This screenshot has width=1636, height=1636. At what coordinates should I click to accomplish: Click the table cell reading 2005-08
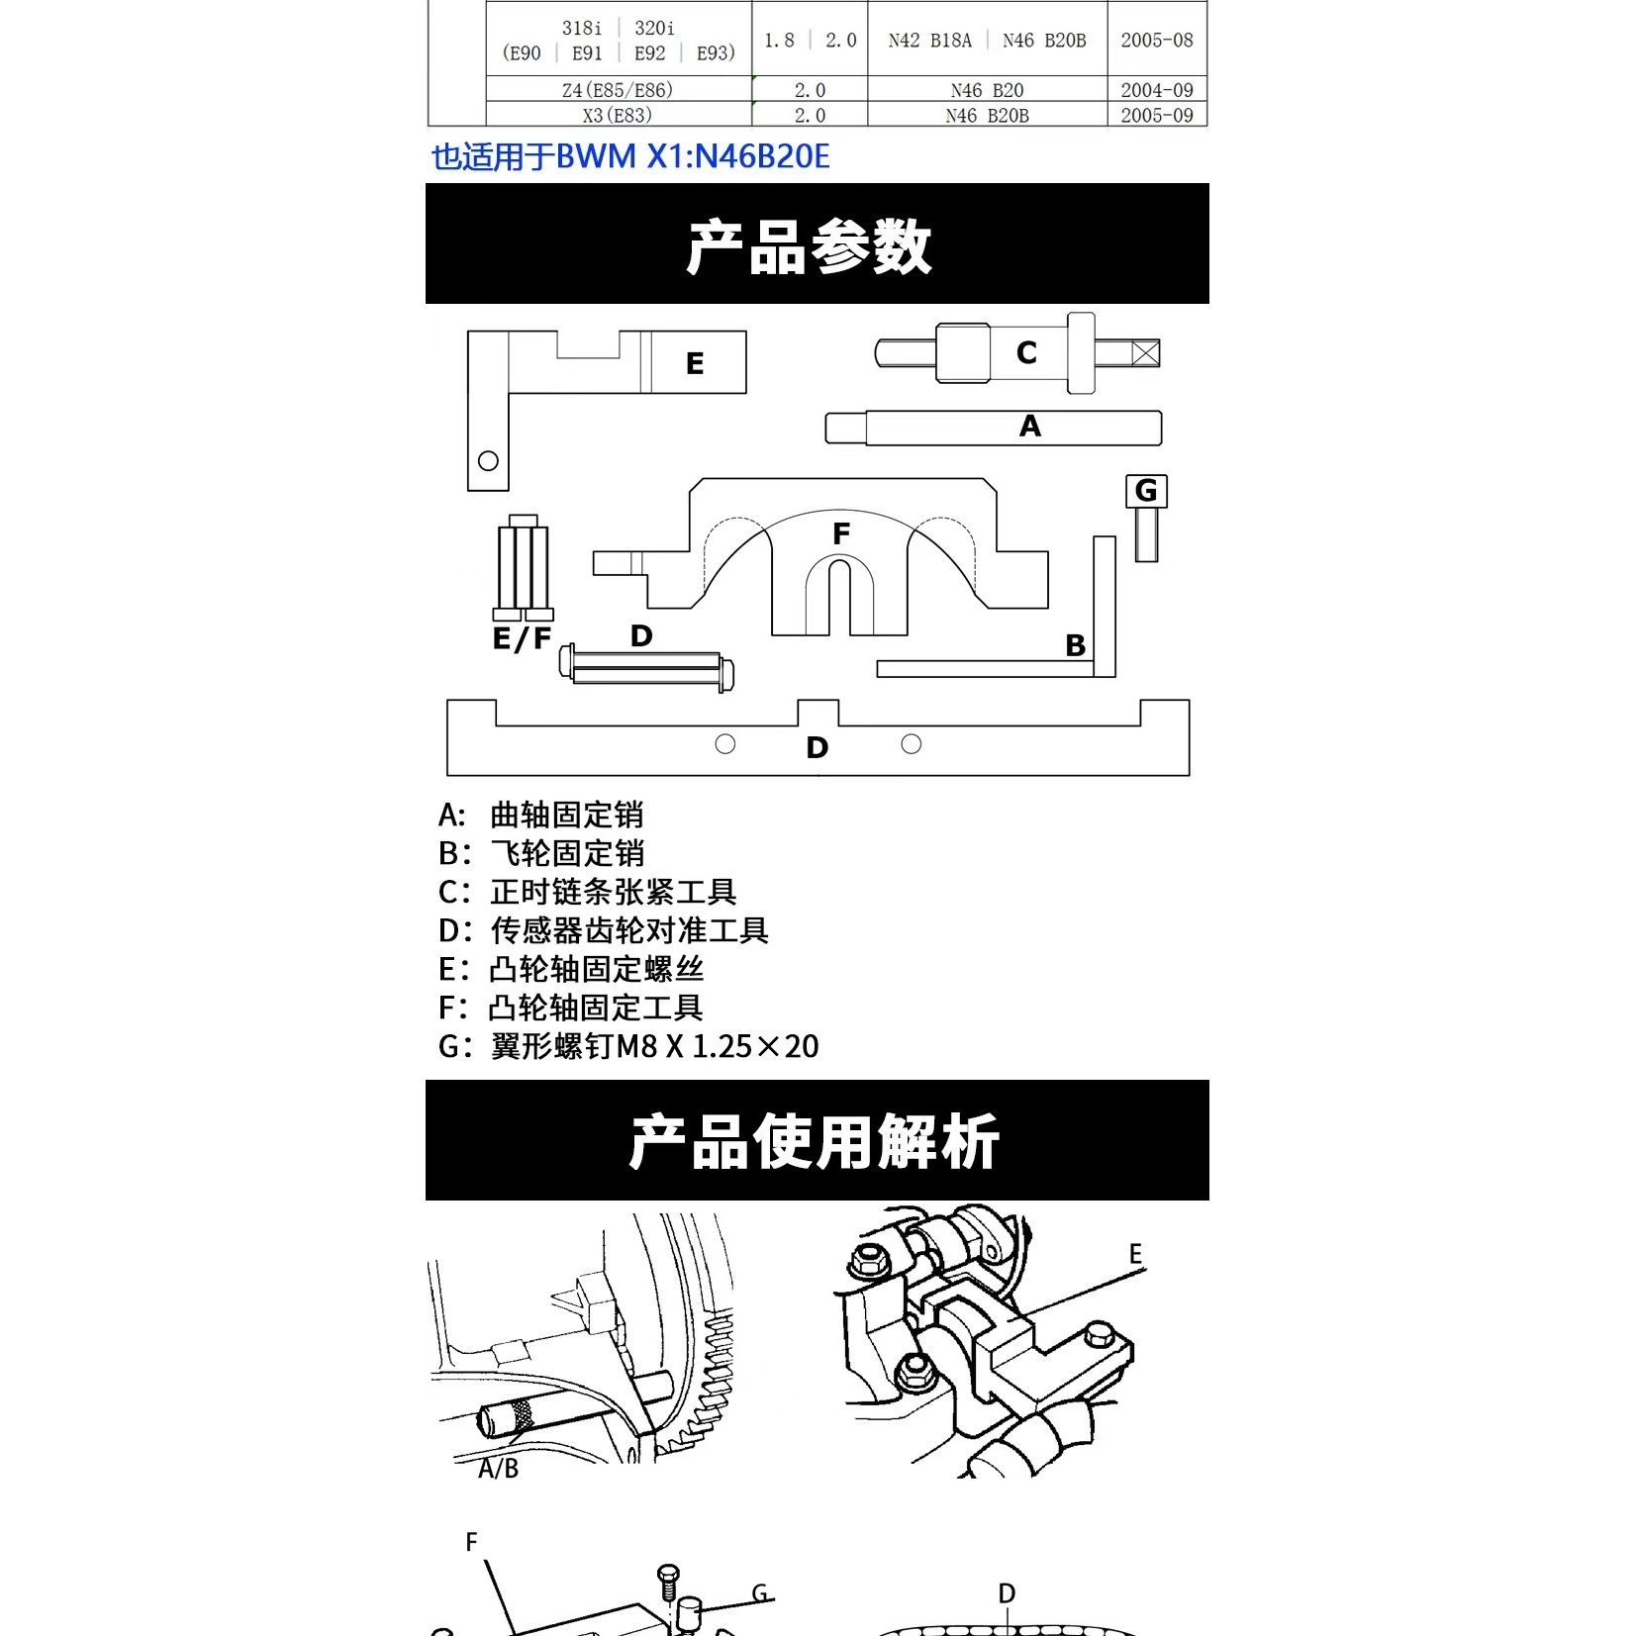point(1156,41)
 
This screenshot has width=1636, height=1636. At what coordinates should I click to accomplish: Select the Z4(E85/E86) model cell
point(618,90)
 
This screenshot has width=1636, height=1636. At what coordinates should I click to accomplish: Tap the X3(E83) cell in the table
point(618,116)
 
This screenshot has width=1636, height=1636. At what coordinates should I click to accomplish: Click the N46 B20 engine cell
point(987,90)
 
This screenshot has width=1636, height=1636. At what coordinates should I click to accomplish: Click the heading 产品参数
point(810,245)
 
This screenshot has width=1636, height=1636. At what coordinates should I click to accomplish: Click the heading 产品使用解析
point(815,1141)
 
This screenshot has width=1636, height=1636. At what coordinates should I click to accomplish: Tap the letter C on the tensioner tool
point(1026,352)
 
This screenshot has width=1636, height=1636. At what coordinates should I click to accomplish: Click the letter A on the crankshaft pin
point(1029,427)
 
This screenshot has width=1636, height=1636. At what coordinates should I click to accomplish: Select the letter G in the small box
point(1146,491)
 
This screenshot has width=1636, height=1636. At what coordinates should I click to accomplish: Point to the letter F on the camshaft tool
point(841,534)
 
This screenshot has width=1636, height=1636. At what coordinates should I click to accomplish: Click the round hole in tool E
point(488,461)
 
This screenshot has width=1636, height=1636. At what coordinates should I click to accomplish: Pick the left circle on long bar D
point(725,743)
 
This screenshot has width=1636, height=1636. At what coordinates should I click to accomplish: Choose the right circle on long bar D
point(912,743)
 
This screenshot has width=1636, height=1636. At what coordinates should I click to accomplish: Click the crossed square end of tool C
point(1145,353)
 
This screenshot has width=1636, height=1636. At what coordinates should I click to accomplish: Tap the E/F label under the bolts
point(522,638)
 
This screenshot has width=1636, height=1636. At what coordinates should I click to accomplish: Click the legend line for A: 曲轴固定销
point(541,815)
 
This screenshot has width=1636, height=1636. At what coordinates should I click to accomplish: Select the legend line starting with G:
point(628,1046)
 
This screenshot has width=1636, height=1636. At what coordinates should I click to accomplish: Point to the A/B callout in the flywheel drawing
point(498,1469)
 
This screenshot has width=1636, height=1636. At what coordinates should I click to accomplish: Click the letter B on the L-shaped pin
point(1075,645)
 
